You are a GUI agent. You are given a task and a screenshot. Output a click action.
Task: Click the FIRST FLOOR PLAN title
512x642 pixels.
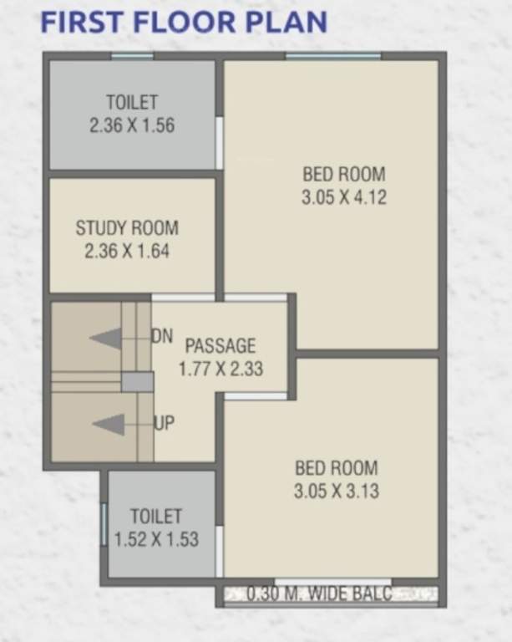(x=183, y=23)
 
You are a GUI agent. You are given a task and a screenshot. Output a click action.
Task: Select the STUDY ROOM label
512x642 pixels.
(x=127, y=227)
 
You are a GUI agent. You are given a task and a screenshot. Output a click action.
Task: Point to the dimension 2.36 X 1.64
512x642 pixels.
(x=127, y=251)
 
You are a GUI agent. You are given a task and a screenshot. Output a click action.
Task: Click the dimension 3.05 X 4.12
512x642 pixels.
(x=344, y=198)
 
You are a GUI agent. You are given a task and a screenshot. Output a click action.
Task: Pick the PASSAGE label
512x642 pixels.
(x=221, y=345)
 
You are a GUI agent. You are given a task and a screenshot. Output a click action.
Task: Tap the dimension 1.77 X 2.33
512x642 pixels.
(x=221, y=368)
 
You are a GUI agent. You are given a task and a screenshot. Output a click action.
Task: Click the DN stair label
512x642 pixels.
(x=162, y=336)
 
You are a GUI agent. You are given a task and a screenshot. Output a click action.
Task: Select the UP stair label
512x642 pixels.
(x=165, y=423)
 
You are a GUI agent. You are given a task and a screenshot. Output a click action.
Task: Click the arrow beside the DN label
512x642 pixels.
(x=107, y=339)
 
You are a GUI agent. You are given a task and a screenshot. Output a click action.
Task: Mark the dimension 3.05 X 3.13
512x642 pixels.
(x=336, y=492)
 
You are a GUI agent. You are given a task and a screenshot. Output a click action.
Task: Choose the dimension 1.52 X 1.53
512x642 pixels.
(x=156, y=540)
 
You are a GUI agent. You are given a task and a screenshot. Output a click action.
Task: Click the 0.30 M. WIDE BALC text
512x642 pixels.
(x=320, y=594)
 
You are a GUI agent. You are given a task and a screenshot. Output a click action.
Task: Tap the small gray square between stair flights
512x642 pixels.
(x=137, y=382)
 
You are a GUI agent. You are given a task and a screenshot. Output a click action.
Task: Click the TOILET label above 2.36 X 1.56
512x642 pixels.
(x=132, y=102)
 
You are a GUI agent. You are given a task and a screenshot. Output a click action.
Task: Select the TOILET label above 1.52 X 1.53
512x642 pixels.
(x=156, y=517)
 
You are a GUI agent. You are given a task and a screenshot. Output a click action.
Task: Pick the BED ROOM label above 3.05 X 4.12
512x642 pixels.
(x=344, y=175)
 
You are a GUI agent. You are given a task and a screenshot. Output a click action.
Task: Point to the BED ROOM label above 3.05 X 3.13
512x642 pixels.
(x=336, y=468)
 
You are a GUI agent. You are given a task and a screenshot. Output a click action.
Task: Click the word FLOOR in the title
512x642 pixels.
(x=181, y=23)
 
